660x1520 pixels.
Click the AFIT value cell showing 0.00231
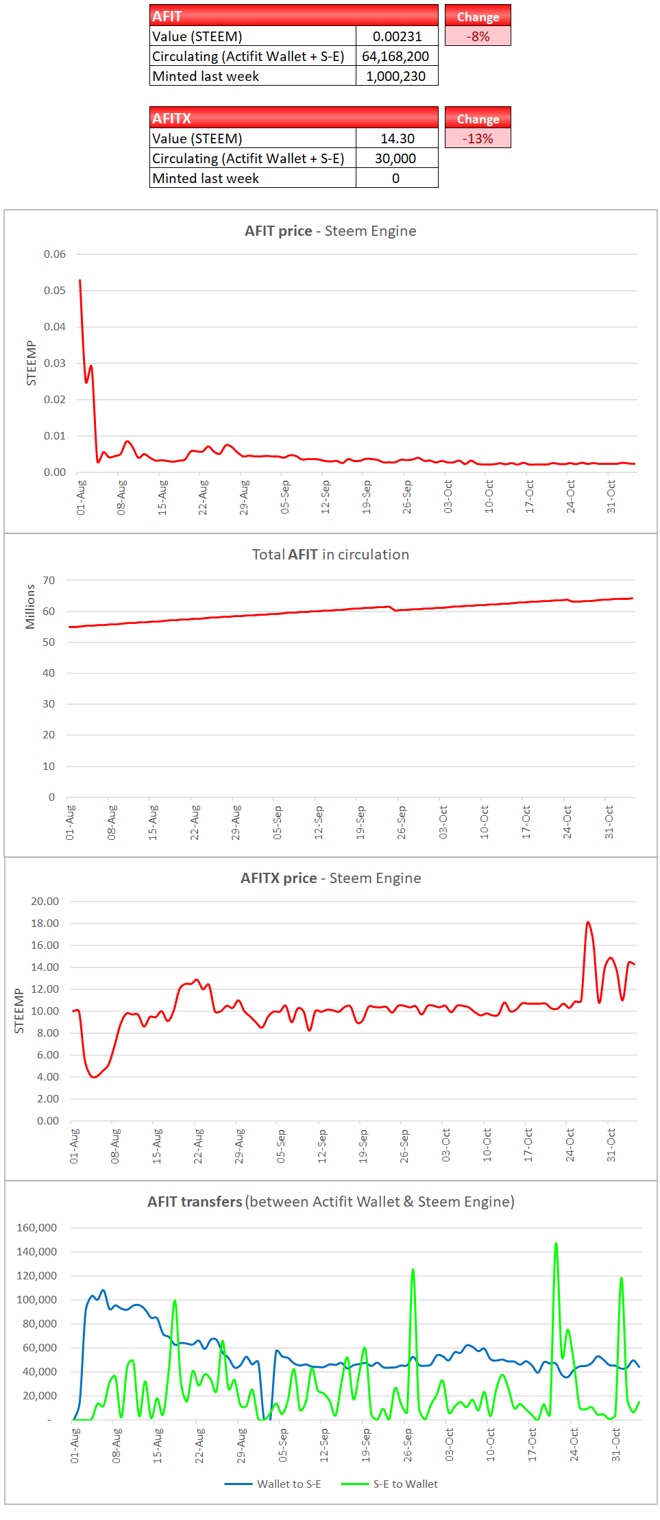(x=397, y=36)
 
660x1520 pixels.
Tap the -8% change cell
(x=478, y=36)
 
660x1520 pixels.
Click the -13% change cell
(x=478, y=138)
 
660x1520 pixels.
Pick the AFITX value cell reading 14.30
(x=397, y=138)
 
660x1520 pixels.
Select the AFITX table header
(x=293, y=118)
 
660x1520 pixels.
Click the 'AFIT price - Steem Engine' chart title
(x=330, y=231)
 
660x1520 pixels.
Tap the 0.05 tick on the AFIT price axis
(x=55, y=291)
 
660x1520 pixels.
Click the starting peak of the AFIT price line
(x=80, y=280)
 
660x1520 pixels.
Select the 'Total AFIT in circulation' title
(x=330, y=555)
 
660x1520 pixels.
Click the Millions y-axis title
(x=30, y=607)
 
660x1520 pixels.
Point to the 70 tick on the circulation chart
(x=49, y=581)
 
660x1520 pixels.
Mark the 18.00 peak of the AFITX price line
(x=588, y=923)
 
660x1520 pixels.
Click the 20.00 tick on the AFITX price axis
(x=45, y=902)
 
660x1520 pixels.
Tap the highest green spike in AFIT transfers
(x=556, y=1243)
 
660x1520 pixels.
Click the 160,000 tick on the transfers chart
(x=37, y=1228)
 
